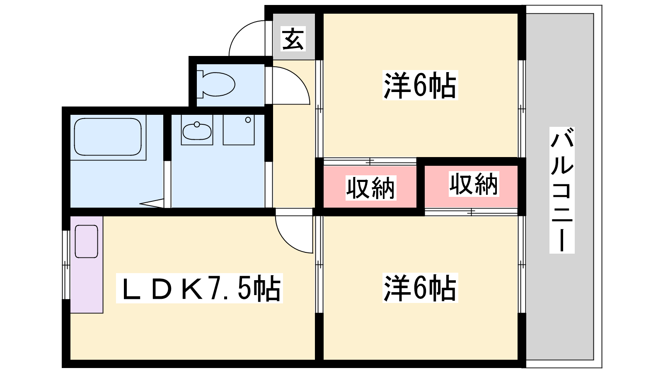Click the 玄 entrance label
coord(293,39)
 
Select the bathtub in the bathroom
coord(108,137)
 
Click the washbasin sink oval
coord(197,132)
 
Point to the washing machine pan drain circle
coord(248,120)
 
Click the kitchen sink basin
coord(87,241)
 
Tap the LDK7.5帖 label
coord(199,288)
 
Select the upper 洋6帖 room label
coord(420,85)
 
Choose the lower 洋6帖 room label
coord(420,288)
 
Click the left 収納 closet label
coord(371,188)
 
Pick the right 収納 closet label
coord(474,184)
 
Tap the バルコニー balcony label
coord(562,190)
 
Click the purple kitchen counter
coord(87,265)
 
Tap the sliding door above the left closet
coord(370,162)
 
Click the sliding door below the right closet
coord(471,212)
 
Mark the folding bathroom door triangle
coord(152,203)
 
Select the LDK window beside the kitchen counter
coord(66,265)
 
